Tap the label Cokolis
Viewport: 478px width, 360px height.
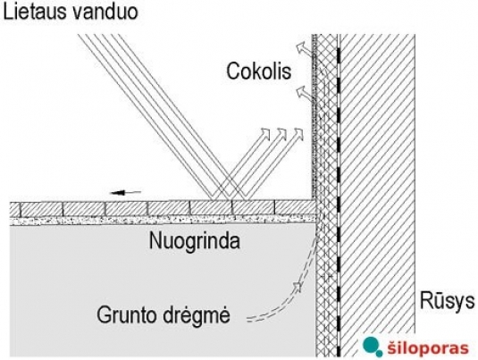coord(258,71)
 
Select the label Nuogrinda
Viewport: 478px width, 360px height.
coord(195,241)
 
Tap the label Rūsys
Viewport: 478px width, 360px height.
coord(448,300)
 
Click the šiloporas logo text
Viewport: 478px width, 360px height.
coord(428,347)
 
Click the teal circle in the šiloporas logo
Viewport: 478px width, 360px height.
coord(371,345)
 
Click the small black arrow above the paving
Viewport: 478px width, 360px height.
coord(126,192)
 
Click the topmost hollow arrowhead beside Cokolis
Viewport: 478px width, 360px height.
coord(301,47)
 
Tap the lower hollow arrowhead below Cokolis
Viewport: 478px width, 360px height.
coord(301,91)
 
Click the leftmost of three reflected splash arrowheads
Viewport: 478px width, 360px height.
coord(266,133)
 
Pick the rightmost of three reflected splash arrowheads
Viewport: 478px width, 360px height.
coord(299,133)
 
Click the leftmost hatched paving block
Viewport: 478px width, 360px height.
coord(15,209)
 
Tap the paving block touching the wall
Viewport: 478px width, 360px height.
coord(296,207)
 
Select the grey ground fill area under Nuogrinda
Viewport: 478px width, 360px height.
coord(163,290)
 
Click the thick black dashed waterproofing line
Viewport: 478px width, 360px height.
coord(338,195)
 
